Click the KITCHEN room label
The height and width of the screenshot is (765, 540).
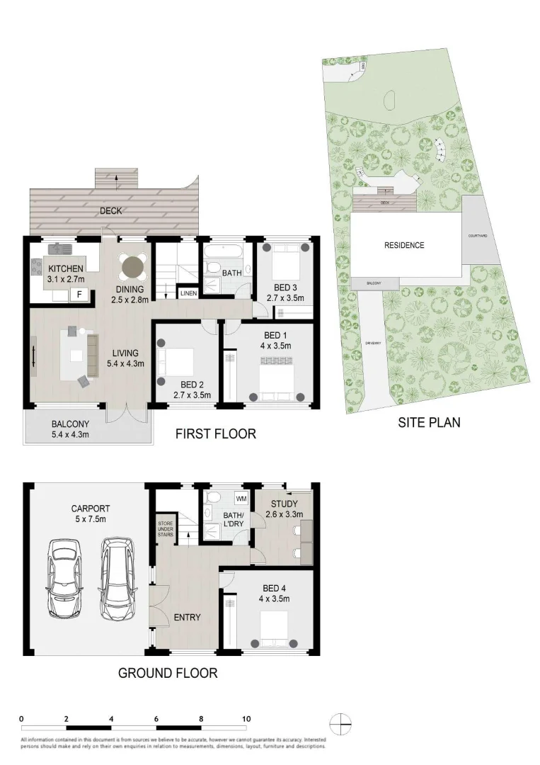66,268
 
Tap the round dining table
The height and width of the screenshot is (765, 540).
132,267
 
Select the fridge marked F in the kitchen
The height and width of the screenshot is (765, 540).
79,293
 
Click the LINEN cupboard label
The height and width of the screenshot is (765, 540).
188,293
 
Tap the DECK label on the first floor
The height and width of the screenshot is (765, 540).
111,210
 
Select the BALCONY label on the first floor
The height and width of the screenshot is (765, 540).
70,425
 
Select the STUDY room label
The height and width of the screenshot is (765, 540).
283,504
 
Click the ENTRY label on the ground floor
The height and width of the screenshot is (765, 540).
187,618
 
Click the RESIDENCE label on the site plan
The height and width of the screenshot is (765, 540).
404,246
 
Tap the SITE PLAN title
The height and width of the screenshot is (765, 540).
428,423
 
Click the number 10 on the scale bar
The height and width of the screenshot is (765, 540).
246,719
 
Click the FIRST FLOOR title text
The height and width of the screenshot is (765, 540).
215,433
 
